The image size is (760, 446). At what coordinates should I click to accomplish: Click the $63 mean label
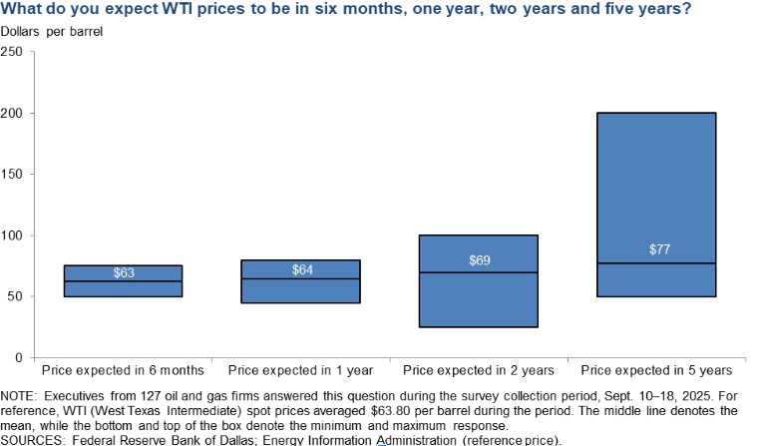pyautogui.click(x=124, y=272)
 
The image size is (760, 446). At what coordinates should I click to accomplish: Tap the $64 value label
pyautogui.click(x=301, y=269)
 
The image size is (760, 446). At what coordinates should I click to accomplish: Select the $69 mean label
pyautogui.click(x=479, y=259)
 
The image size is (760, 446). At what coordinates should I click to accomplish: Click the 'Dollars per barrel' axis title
pyautogui.click(x=52, y=31)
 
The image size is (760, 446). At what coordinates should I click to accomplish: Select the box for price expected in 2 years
pyautogui.click(x=479, y=299)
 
